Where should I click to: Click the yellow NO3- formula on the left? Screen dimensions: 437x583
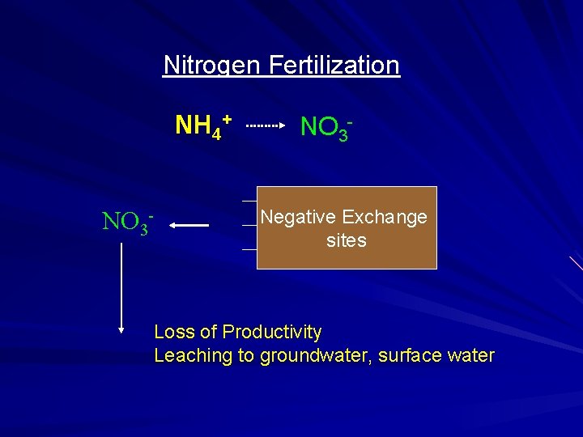coord(127,221)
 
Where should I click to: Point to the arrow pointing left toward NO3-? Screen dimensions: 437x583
coord(190,226)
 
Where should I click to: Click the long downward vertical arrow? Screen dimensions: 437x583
coord(121,283)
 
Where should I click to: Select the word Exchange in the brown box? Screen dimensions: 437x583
coord(385,217)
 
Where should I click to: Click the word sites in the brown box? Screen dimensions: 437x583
coord(347,240)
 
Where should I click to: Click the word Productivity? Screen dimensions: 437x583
coord(272,332)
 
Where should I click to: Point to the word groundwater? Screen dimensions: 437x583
coord(311,355)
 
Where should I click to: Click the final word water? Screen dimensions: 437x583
coord(470,355)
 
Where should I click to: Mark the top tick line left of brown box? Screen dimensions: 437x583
coord(249,200)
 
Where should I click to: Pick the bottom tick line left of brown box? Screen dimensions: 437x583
coord(249,250)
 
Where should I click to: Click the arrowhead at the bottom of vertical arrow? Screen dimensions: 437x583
coord(121,329)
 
